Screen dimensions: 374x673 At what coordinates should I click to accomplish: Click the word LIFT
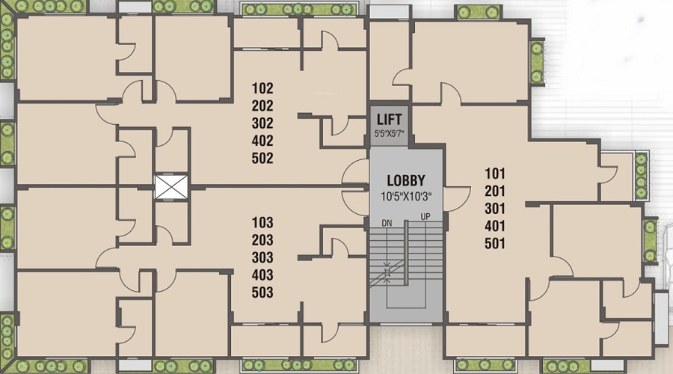coord(390,119)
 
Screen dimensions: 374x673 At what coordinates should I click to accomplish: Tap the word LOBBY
coord(406,180)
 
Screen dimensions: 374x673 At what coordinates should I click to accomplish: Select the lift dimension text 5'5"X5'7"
coord(390,134)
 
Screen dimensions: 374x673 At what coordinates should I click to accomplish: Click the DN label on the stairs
coord(387,223)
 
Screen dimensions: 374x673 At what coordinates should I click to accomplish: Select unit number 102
coord(263,88)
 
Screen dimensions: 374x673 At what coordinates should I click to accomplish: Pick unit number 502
coord(263,158)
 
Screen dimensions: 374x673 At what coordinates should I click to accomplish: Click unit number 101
coord(495,173)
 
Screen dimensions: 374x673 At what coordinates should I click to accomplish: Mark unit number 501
coord(495,243)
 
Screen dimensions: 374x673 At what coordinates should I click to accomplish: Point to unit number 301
coord(495,208)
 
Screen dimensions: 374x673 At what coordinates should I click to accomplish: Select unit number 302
coord(263,123)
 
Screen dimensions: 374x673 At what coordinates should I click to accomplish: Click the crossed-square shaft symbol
coord(170,187)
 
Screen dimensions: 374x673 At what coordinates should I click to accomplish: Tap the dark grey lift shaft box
coord(390,125)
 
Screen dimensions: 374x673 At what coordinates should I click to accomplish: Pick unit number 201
coord(495,191)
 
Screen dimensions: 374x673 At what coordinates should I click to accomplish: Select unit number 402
coord(263,141)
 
